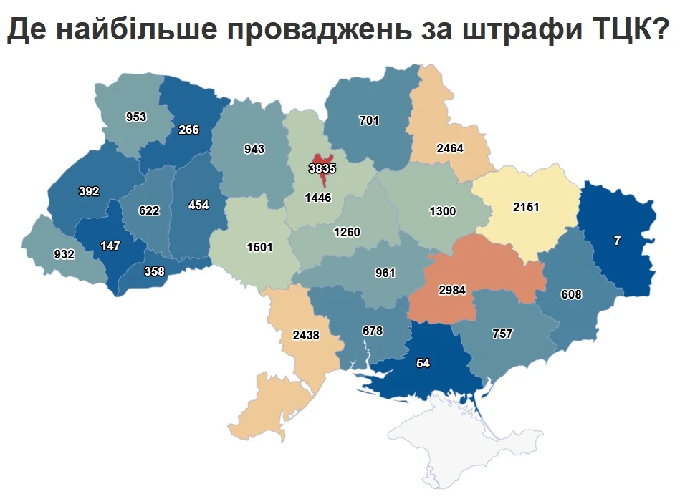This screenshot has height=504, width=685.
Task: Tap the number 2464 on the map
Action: [450, 149]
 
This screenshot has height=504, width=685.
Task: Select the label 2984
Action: [453, 289]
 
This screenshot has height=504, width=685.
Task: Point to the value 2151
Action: [526, 208]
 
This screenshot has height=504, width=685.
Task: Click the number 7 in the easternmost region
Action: [617, 241]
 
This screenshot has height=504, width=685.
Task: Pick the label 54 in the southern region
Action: [423, 364]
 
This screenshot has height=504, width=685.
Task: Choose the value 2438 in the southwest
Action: [306, 334]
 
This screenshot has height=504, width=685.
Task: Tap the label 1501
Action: [259, 247]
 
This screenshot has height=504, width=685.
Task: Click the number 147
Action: [110, 246]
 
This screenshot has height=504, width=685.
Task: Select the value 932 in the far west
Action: [64, 254]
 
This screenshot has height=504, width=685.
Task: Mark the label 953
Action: [136, 117]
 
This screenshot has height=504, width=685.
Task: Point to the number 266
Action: [189, 130]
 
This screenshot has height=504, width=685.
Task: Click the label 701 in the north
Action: [369, 121]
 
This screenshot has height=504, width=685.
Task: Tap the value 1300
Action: [442, 211]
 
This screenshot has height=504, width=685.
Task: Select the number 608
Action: [572, 294]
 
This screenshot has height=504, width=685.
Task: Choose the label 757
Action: [502, 334]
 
